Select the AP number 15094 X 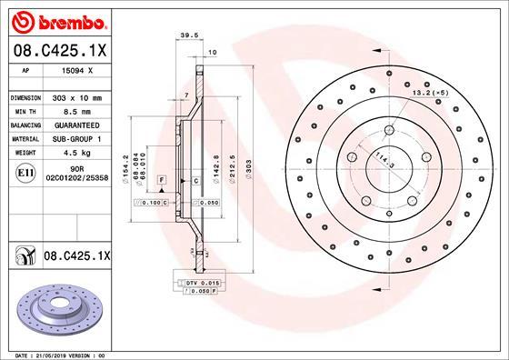click(76, 68)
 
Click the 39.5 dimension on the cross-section click(190, 37)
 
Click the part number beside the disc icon click(76, 258)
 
